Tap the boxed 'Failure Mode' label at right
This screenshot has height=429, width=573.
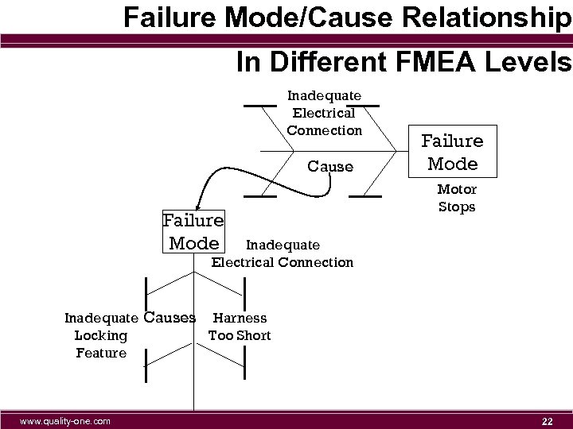pyautogui.click(x=453, y=153)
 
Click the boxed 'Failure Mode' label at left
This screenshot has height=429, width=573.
pyautogui.click(x=193, y=231)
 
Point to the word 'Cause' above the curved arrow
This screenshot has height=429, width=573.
pyautogui.click(x=329, y=167)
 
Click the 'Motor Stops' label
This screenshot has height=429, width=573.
pyautogui.click(x=457, y=198)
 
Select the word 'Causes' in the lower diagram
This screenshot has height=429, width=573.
pyautogui.click(x=170, y=318)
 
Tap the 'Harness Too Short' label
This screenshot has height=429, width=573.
pyautogui.click(x=240, y=327)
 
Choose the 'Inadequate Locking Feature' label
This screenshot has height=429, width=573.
pyautogui.click(x=101, y=335)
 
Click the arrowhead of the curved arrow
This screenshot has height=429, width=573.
pyautogui.click(x=200, y=209)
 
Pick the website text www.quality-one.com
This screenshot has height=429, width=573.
pyautogui.click(x=64, y=419)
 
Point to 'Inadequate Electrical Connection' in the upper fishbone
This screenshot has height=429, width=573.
pyautogui.click(x=324, y=113)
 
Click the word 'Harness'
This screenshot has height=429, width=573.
pyautogui.click(x=240, y=318)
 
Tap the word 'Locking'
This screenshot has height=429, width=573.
pyautogui.click(x=100, y=335)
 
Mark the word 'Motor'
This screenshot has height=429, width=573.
pyautogui.click(x=457, y=189)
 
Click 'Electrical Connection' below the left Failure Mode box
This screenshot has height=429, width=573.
pyautogui.click(x=282, y=262)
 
